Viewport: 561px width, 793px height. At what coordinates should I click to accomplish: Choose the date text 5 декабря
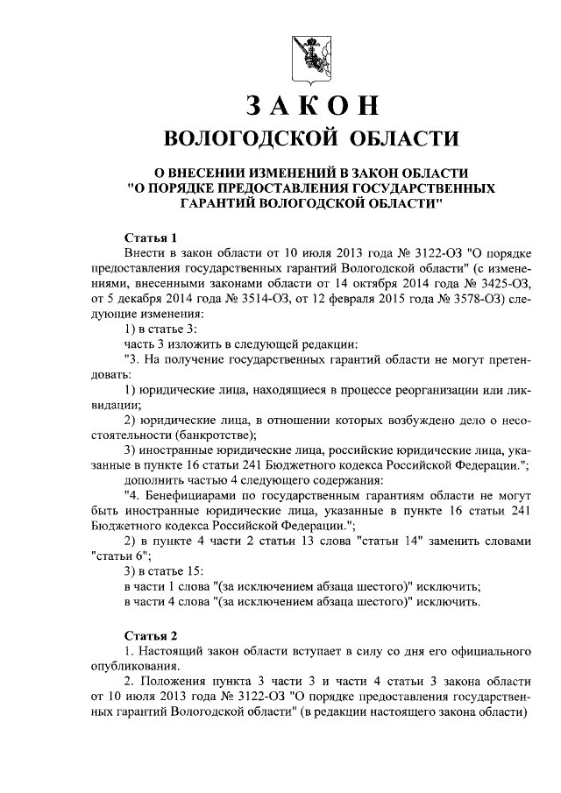[x=133, y=299]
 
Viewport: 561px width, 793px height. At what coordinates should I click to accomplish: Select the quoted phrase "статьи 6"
[x=119, y=555]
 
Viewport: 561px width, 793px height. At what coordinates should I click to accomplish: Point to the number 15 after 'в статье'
[x=191, y=570]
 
